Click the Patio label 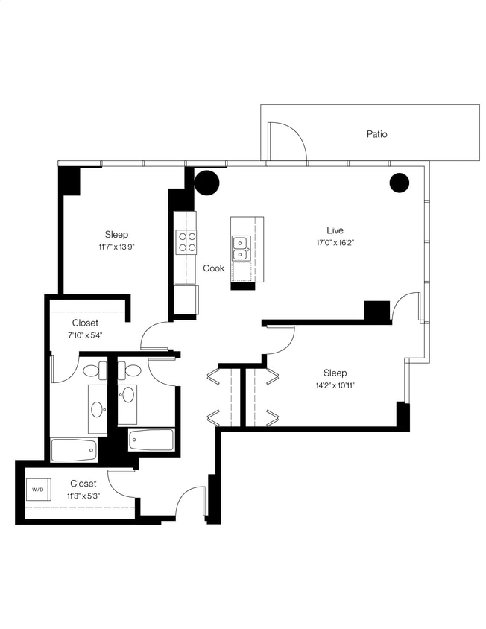pyautogui.click(x=376, y=135)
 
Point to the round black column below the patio pyautogui.click(x=400, y=183)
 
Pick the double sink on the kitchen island pyautogui.click(x=241, y=248)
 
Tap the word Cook pyautogui.click(x=214, y=268)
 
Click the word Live pyautogui.click(x=335, y=230)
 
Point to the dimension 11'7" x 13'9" pyautogui.click(x=115, y=247)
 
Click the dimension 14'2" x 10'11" pyautogui.click(x=335, y=386)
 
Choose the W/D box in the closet pyautogui.click(x=37, y=489)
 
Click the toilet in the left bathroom pyautogui.click(x=95, y=370)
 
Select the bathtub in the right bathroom pyautogui.click(x=151, y=440)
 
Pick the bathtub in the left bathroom pyautogui.click(x=74, y=449)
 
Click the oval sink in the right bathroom pyautogui.click(x=127, y=394)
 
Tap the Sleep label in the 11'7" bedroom pyautogui.click(x=116, y=234)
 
